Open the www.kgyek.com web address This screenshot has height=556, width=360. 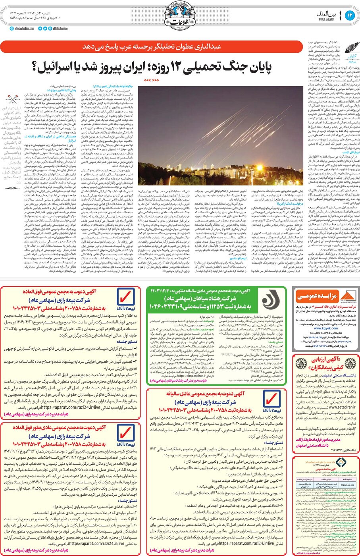[325, 328]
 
